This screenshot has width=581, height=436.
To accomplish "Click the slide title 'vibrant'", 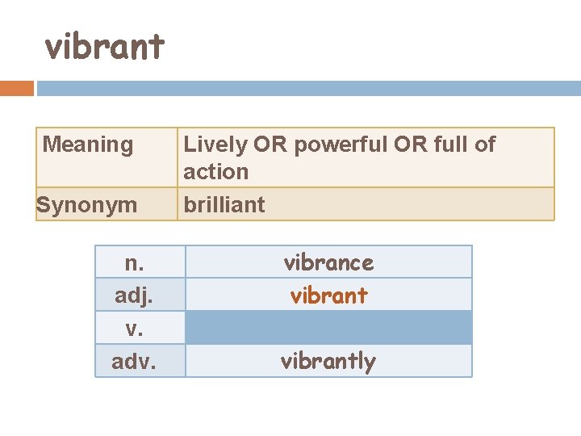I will [x=104, y=47].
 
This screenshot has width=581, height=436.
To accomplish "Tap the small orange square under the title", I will [x=17, y=88].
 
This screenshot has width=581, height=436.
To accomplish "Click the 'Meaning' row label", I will [x=87, y=145].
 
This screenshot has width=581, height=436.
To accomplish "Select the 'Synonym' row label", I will [x=87, y=205].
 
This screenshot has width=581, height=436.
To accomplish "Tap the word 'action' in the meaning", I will [x=215, y=171].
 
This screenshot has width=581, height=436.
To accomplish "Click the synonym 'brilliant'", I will [x=224, y=205].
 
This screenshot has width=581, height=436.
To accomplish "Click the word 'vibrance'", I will [x=328, y=262].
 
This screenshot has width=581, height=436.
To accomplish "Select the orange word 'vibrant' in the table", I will [x=328, y=296].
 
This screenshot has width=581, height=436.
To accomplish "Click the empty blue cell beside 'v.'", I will [x=328, y=328].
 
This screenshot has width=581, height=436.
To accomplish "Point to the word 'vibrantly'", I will [x=328, y=362].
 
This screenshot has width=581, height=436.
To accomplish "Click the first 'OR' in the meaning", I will [x=268, y=145].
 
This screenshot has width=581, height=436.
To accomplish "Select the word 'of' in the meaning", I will [x=485, y=145].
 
